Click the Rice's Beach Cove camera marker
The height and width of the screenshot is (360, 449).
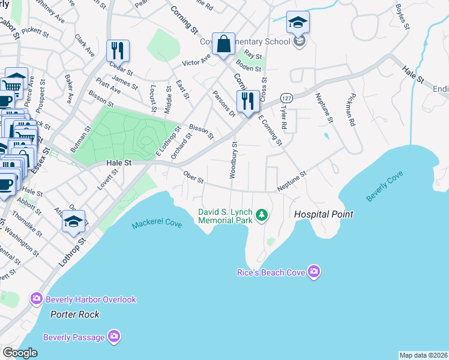point(313,272)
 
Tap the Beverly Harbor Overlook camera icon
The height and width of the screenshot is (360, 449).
point(37,299)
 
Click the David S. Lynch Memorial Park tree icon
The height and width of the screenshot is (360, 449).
point(261,214)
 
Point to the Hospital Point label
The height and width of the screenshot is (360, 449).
point(323,214)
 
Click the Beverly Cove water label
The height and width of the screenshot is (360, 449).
point(385,187)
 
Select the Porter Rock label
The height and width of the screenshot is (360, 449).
point(74,314)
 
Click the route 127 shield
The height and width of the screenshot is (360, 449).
point(287,98)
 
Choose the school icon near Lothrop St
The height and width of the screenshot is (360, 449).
point(73,221)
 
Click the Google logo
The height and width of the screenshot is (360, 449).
point(20,353)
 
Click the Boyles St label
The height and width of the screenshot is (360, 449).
point(403,17)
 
